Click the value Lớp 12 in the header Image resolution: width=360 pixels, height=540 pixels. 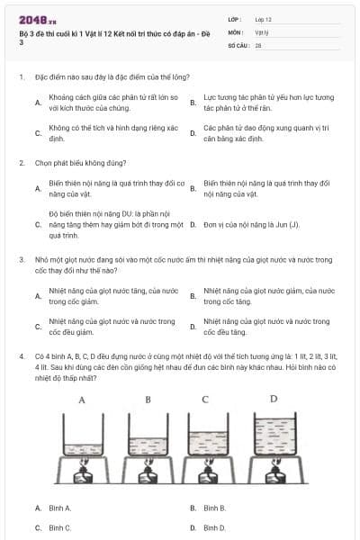click(x=263, y=18)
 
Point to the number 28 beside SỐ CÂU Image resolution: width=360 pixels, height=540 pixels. click(x=258, y=43)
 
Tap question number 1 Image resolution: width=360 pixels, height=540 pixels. click(x=21, y=77)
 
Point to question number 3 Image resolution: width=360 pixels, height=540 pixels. click(x=21, y=259)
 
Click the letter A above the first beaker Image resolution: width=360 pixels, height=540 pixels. click(x=82, y=398)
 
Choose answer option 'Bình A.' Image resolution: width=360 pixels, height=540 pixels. click(x=61, y=508)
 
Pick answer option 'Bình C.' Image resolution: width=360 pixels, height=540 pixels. click(x=60, y=526)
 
